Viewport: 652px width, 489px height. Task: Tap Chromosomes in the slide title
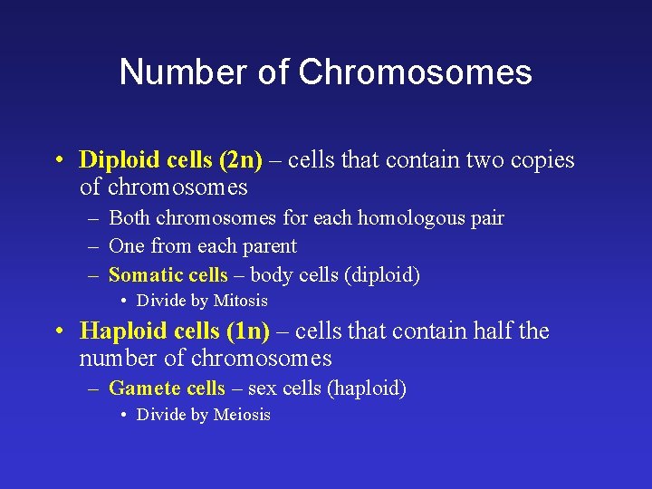[416, 72]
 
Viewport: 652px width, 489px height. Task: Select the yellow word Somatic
[143, 275]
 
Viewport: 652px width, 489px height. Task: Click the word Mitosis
[240, 301]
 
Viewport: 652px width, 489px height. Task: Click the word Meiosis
[242, 415]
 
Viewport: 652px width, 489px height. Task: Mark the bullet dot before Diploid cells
[57, 161]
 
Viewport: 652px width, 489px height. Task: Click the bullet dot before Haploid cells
[57, 332]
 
